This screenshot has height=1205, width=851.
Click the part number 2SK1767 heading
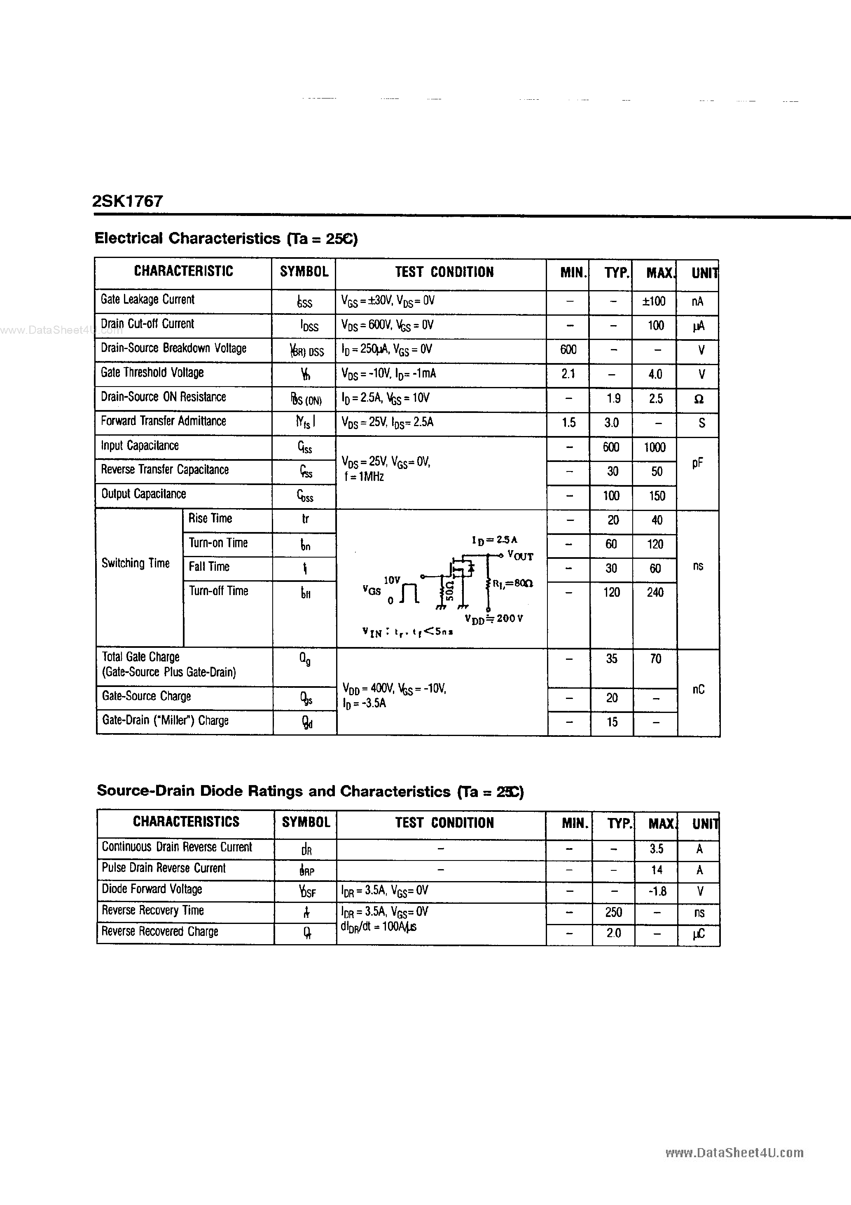tap(128, 201)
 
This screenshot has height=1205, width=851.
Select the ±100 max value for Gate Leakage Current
tap(654, 301)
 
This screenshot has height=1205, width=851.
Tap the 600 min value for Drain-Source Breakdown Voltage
tap(568, 349)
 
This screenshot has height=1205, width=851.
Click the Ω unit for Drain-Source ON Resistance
tap(698, 399)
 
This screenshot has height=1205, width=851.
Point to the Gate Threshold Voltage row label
tap(152, 373)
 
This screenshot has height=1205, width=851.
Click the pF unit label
tap(697, 463)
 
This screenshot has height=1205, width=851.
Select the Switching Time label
tap(136, 563)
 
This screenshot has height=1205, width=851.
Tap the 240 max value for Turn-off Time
tap(655, 593)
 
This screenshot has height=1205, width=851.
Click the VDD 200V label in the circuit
tap(494, 619)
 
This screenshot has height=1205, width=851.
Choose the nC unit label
tap(698, 689)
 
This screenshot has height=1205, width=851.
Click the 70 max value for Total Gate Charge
tap(655, 659)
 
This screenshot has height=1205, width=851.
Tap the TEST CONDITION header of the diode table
tap(444, 823)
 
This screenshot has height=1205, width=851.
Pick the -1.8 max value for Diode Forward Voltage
tap(656, 891)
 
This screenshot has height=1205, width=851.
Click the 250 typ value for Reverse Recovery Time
tap(613, 912)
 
